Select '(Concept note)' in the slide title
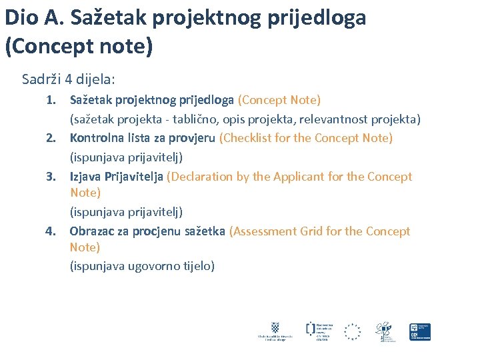tap(79, 46)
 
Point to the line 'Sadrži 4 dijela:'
tap(69, 79)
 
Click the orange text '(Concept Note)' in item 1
tap(279, 100)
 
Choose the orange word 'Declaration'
tap(201, 177)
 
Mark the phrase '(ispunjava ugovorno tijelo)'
tap(142, 265)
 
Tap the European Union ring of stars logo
tap(352, 331)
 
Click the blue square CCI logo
tap(420, 331)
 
